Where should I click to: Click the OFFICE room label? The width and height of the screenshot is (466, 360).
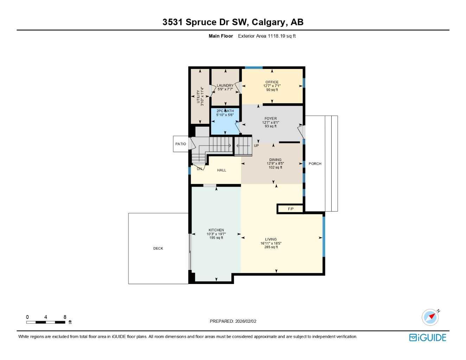click(272, 82)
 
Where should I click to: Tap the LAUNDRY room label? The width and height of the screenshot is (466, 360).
click(225, 85)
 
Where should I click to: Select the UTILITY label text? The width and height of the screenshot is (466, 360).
click(198, 96)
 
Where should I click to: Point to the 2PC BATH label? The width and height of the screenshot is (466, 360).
click(225, 111)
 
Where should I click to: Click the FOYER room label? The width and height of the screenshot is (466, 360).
click(270, 119)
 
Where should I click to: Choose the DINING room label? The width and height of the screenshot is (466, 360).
click(275, 160)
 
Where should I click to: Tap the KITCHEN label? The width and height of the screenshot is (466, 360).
click(216, 230)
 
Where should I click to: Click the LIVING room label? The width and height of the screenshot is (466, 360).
click(271, 239)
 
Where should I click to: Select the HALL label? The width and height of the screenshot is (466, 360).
click(222, 170)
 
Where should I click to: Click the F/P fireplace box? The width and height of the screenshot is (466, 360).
click(291, 209)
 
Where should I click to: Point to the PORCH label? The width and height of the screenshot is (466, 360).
click(315, 164)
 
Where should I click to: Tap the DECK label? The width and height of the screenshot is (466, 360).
click(158, 249)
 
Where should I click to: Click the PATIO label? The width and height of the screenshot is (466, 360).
click(181, 144)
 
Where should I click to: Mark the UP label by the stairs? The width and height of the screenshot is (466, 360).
click(256, 146)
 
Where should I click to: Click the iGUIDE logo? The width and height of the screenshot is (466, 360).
click(428, 337)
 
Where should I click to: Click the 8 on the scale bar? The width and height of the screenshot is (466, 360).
click(65, 317)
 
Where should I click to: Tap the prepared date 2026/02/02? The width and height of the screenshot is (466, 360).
click(246, 321)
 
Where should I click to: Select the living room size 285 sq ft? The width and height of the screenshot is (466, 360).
click(271, 247)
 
